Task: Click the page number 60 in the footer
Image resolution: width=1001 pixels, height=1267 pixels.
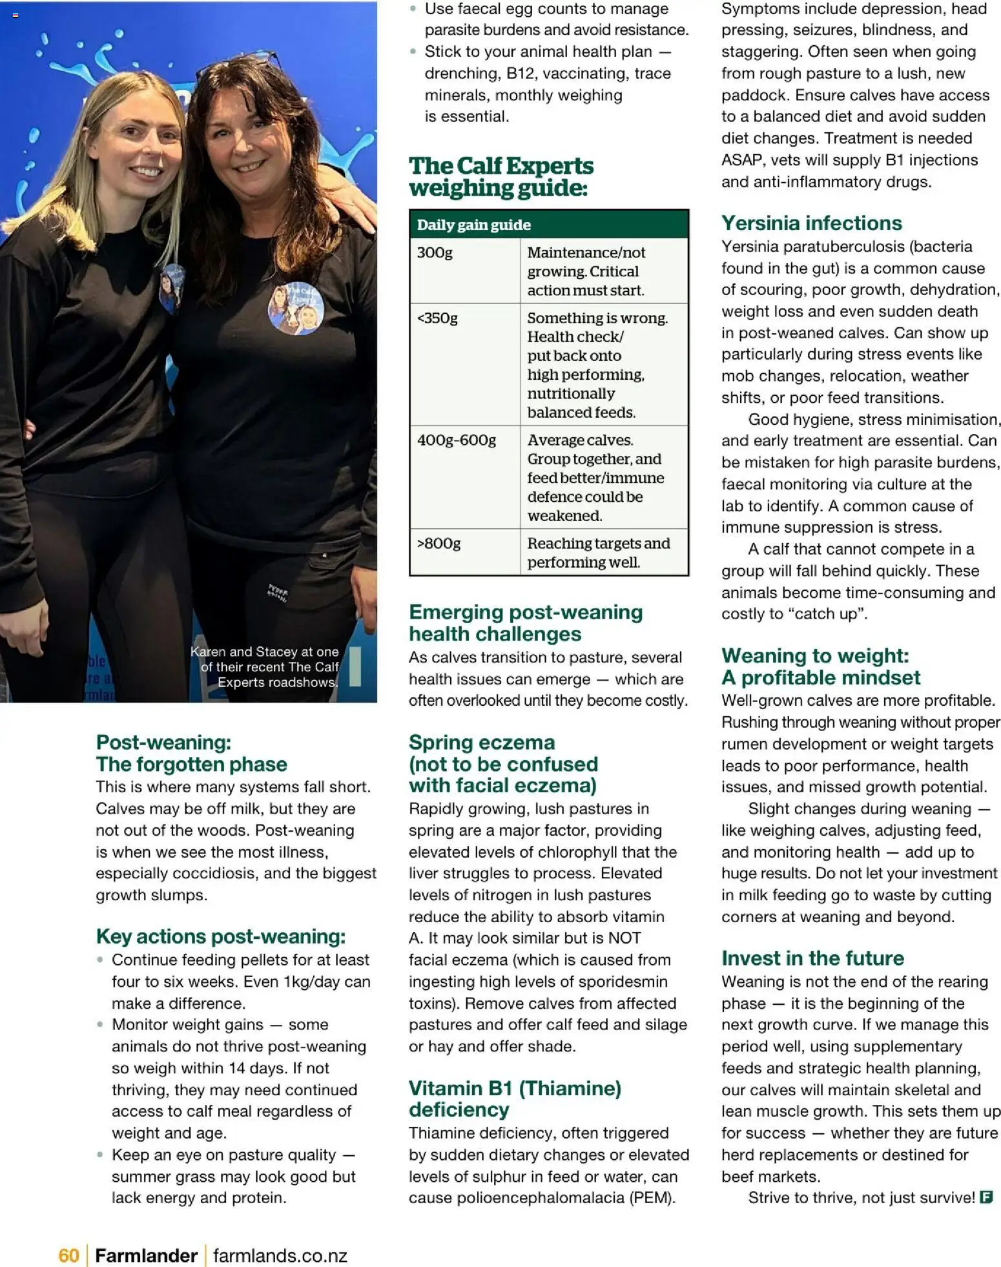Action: click(68, 1255)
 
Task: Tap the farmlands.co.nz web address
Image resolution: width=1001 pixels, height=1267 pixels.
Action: click(280, 1255)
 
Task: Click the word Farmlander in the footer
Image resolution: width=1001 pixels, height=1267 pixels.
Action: click(146, 1255)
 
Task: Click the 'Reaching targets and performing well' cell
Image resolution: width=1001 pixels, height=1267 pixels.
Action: click(598, 552)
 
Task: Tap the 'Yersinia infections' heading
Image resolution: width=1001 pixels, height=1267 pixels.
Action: click(811, 223)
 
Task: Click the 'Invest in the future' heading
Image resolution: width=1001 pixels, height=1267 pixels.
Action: click(812, 958)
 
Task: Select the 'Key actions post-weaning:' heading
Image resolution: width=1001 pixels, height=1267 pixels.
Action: click(220, 936)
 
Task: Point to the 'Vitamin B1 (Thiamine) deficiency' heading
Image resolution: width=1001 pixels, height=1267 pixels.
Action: click(514, 1098)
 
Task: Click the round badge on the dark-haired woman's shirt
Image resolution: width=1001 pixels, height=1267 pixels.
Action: click(295, 308)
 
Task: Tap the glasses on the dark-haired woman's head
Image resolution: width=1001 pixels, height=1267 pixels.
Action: click(240, 65)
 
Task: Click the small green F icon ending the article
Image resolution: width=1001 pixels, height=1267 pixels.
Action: click(986, 1197)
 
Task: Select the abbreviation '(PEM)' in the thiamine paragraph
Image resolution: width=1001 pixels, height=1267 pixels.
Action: click(652, 1198)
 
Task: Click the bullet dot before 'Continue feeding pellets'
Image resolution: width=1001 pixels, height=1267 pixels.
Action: click(99, 960)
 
